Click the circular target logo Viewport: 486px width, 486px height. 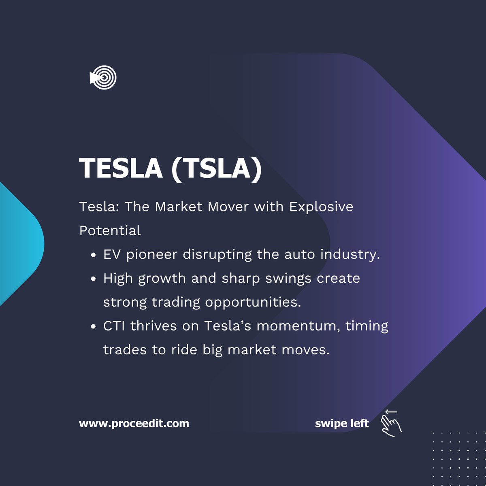click(103, 77)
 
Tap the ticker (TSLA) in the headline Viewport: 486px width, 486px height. click(216, 168)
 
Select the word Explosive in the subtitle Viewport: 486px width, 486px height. click(321, 207)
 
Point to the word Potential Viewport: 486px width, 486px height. click(110, 230)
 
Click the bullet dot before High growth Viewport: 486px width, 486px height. click(94, 279)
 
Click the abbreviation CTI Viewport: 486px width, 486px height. click(114, 326)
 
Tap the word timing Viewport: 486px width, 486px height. click(367, 326)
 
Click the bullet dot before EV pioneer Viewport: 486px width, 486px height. click(94, 256)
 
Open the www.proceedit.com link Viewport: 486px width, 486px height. click(134, 424)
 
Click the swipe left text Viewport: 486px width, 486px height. click(342, 424)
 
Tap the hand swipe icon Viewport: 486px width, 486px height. click(391, 423)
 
